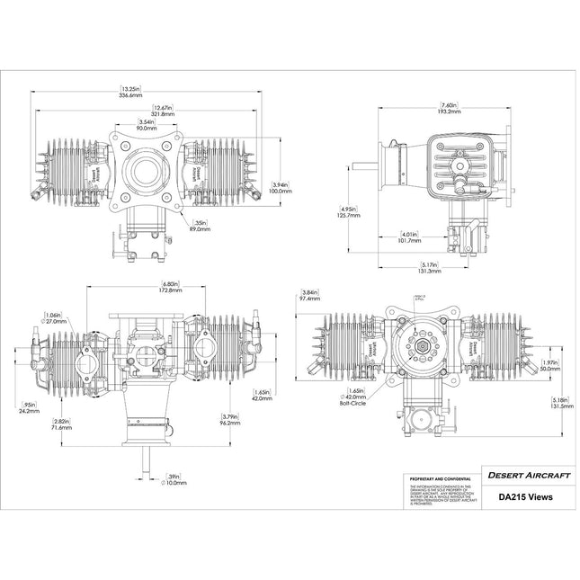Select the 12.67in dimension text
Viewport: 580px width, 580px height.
click(163, 112)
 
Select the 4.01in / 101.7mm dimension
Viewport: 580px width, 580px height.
click(410, 237)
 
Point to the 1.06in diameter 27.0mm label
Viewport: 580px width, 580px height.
click(54, 317)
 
